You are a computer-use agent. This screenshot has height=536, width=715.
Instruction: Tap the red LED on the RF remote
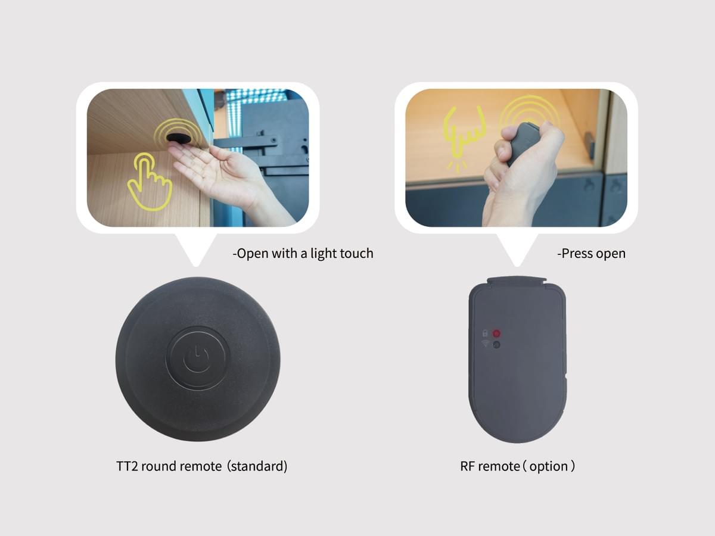[x=496, y=334]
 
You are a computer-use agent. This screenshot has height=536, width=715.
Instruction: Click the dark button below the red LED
[x=496, y=345]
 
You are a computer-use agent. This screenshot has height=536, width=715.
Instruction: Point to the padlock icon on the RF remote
[x=485, y=334]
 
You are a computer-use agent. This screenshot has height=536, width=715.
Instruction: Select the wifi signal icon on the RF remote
[x=486, y=343]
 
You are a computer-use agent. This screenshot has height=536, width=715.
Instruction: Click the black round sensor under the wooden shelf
[x=179, y=138]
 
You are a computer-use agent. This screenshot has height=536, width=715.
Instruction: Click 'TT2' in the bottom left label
[x=127, y=466]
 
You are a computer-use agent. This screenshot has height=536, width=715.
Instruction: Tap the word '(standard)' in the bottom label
[x=257, y=466]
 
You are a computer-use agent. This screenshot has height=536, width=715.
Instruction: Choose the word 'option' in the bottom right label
[x=549, y=467]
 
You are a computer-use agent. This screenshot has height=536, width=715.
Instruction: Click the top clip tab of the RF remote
[x=517, y=280]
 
